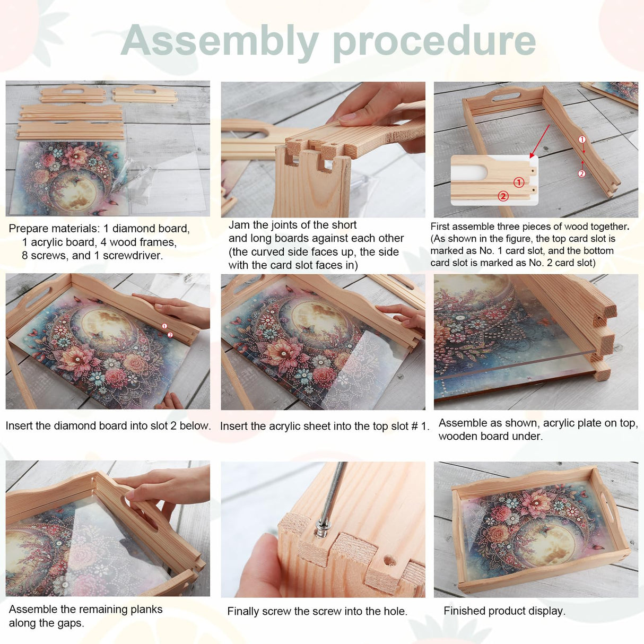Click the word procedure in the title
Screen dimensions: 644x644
point(434,42)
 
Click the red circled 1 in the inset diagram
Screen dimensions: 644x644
point(518,182)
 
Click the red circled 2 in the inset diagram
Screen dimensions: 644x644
point(503,196)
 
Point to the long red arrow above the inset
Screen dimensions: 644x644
point(539,141)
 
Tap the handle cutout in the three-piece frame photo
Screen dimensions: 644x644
point(503,94)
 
